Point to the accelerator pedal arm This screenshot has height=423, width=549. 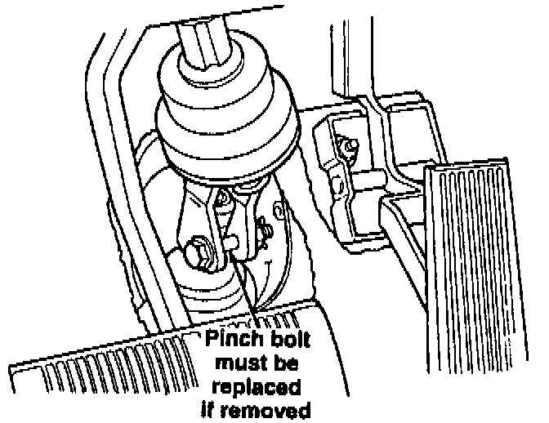(x=408, y=245)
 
